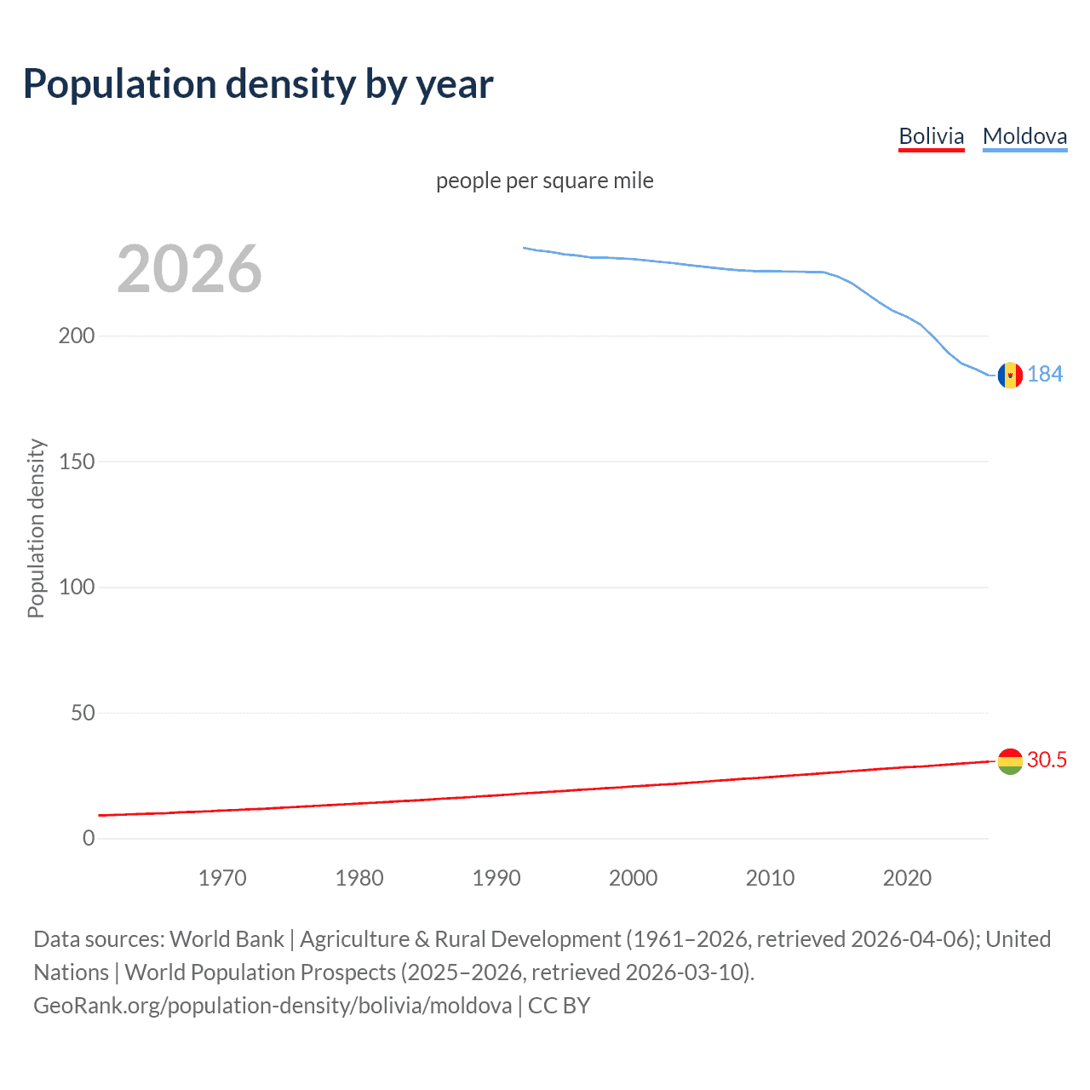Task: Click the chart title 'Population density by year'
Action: pos(258,84)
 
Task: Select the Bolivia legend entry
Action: pos(931,136)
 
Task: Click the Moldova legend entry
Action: pos(1024,136)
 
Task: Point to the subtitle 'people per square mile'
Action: pos(544,181)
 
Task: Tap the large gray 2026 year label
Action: pos(189,269)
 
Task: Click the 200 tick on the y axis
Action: pos(77,336)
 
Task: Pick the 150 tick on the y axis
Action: pos(77,462)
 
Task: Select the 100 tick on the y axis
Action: pos(77,588)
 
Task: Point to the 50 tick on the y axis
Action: pos(83,713)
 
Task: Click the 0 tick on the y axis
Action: pos(89,839)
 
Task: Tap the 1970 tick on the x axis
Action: pos(222,878)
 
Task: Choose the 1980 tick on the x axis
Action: pos(359,878)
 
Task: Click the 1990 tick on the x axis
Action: pos(496,878)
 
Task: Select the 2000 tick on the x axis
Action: pos(633,878)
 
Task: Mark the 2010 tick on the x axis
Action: pos(770,878)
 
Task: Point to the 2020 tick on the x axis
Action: pos(907,878)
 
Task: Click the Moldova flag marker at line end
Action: pos(1010,375)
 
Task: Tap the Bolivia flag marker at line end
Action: pos(1010,760)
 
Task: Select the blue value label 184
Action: pos(1045,375)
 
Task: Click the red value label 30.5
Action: pos(1047,760)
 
